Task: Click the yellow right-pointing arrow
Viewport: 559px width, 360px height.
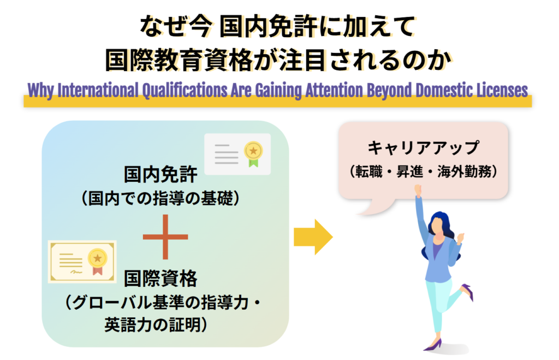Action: click(x=313, y=237)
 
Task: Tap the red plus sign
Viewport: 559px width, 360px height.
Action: click(x=165, y=237)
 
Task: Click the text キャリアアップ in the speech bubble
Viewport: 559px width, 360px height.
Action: click(x=423, y=147)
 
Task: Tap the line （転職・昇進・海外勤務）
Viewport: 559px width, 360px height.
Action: click(x=423, y=172)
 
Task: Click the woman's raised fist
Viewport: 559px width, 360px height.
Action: click(x=418, y=189)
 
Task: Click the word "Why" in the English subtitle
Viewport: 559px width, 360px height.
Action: click(x=40, y=90)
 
